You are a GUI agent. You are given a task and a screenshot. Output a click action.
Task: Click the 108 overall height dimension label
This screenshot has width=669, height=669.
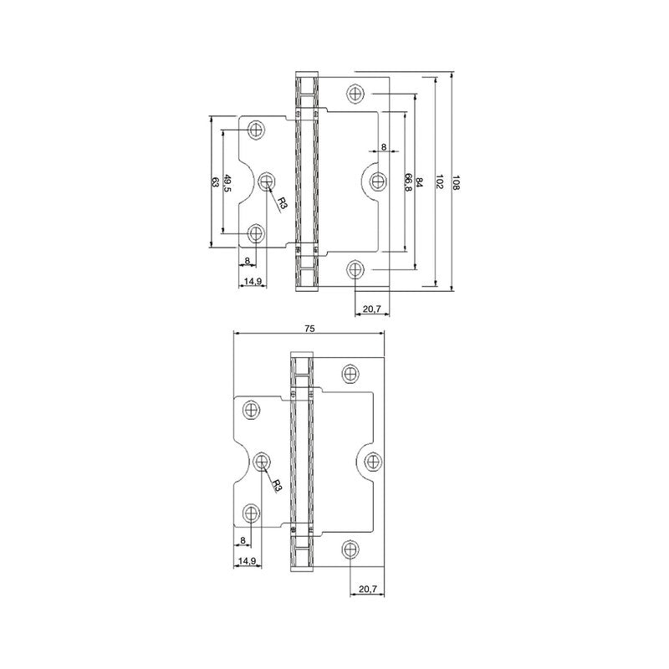(457, 182)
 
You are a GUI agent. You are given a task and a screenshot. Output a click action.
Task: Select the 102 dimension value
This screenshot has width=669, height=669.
(440, 182)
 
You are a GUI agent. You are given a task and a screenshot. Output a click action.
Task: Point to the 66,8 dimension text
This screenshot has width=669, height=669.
(409, 182)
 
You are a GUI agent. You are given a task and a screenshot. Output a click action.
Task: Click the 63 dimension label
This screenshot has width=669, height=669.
(216, 182)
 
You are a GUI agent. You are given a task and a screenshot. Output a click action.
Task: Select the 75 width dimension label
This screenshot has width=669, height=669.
(309, 329)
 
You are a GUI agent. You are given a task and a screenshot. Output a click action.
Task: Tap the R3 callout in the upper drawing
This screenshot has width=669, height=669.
(282, 204)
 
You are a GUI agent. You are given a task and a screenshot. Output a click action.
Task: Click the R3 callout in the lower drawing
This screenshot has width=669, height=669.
(278, 486)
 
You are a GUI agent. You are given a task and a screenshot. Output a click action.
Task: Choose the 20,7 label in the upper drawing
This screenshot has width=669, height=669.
(371, 309)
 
